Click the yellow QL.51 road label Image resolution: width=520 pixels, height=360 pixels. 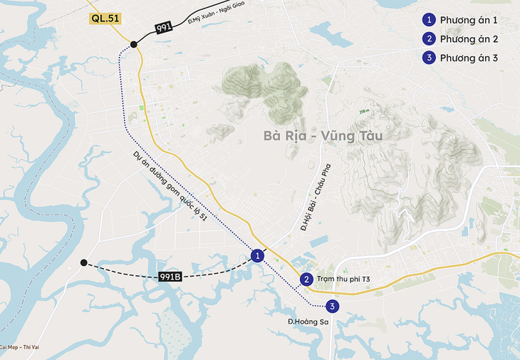[x=105, y=19]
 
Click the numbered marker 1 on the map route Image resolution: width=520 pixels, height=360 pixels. [x=258, y=255]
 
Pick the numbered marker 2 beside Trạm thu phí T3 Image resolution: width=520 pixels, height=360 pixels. [x=306, y=279]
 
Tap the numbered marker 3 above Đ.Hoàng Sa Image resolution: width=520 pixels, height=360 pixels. [x=332, y=307]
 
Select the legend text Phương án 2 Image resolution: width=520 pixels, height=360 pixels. [x=469, y=38]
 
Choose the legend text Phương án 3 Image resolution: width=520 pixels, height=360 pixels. [x=469, y=58]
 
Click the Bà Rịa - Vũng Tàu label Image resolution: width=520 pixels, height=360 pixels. [x=323, y=135]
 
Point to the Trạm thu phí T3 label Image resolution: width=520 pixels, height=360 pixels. [x=347, y=279]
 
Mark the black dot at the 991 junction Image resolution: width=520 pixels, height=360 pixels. [x=133, y=44]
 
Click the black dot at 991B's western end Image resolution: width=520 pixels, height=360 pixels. [x=84, y=262]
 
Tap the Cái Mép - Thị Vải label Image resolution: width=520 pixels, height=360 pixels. [x=19, y=347]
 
